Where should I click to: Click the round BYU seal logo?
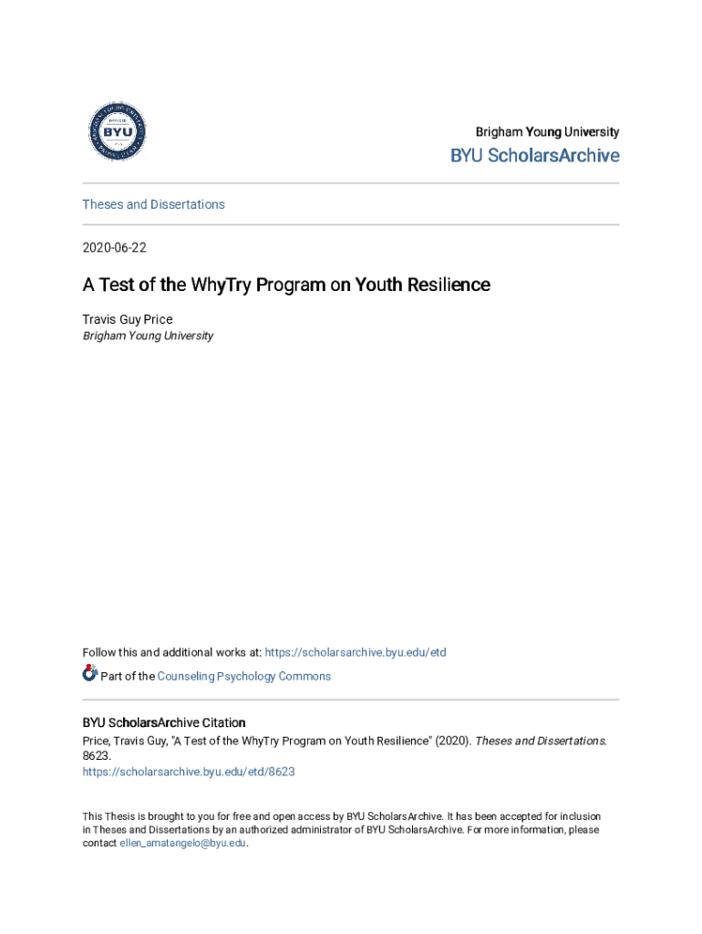pyautogui.click(x=117, y=132)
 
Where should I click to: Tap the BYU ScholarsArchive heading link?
pyautogui.click(x=534, y=156)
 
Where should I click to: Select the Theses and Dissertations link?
pyautogui.click(x=153, y=204)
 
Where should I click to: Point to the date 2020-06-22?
pyautogui.click(x=114, y=248)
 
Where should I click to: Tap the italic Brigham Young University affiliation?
pyautogui.click(x=148, y=336)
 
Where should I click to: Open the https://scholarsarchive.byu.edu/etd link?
pyautogui.click(x=356, y=652)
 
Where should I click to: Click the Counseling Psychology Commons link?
pyautogui.click(x=243, y=676)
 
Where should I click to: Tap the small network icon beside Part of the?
pyautogui.click(x=89, y=674)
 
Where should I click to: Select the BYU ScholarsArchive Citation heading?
pyautogui.click(x=164, y=722)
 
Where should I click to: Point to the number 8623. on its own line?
pyautogui.click(x=98, y=756)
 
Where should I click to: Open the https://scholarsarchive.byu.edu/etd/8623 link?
pyautogui.click(x=189, y=772)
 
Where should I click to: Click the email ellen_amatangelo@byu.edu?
pyautogui.click(x=183, y=844)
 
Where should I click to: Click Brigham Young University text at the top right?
pyautogui.click(x=547, y=132)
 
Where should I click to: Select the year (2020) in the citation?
pyautogui.click(x=452, y=742)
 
